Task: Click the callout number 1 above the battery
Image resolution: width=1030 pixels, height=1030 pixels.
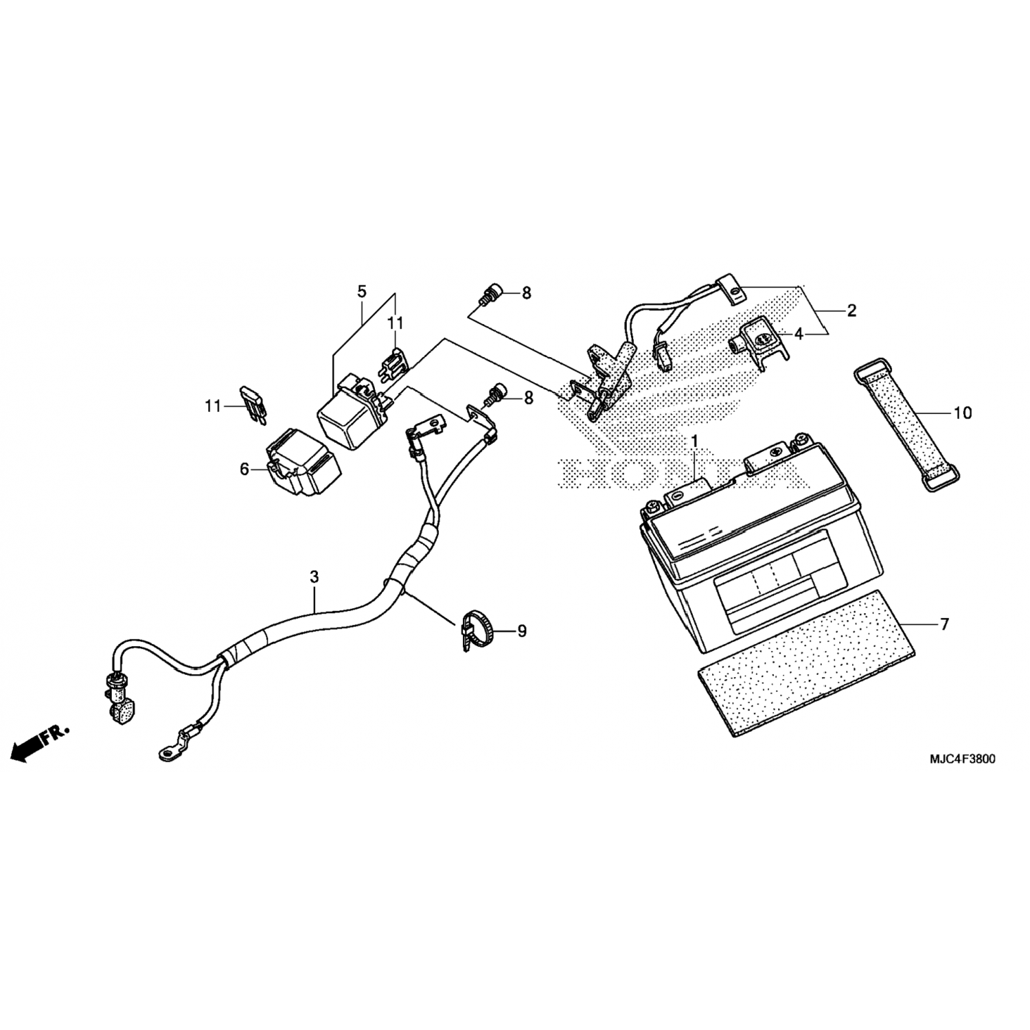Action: click(694, 440)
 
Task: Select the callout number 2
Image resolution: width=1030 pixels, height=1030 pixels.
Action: click(851, 310)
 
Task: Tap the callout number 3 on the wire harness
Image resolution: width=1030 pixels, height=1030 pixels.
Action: click(314, 577)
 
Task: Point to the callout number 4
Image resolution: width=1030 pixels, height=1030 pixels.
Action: click(799, 334)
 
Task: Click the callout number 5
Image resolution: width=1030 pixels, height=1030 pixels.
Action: click(362, 291)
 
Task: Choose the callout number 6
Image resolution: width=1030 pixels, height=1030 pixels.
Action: click(244, 469)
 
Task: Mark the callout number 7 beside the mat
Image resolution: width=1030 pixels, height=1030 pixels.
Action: click(944, 624)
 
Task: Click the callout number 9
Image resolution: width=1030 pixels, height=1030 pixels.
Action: click(522, 630)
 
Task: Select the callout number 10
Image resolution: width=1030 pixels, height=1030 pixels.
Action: click(963, 413)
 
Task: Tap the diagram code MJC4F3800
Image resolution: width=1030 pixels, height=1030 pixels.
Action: click(963, 759)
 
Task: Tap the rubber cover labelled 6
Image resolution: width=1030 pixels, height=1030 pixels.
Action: click(302, 462)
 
